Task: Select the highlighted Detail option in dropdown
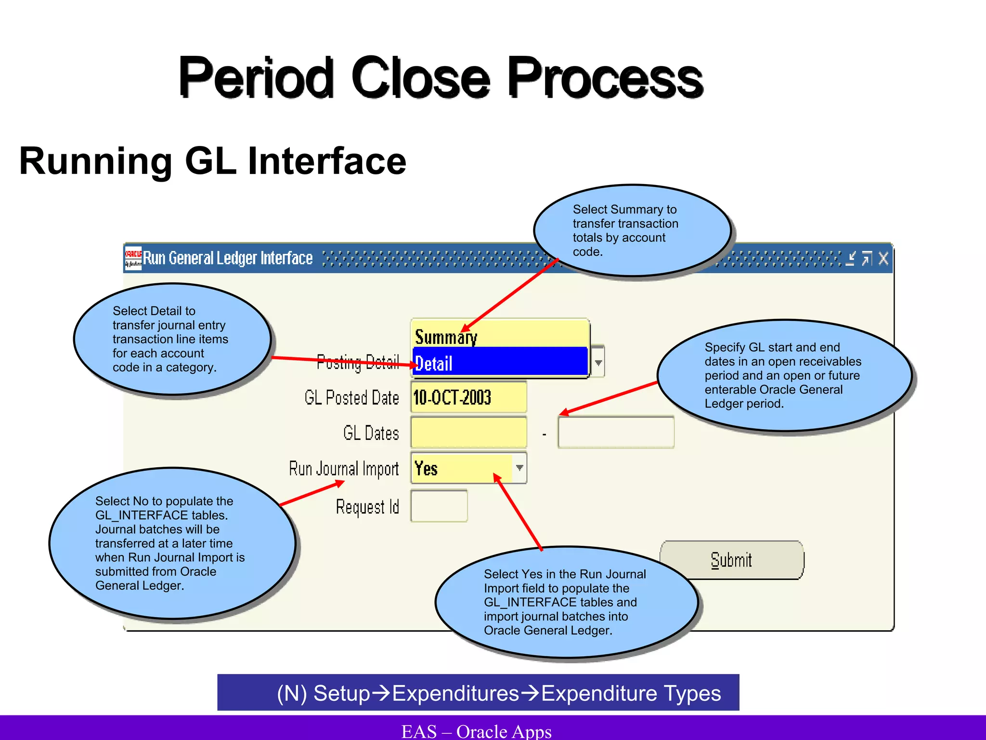(x=500, y=363)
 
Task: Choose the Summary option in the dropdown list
(x=500, y=336)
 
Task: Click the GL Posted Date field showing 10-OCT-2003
(x=468, y=397)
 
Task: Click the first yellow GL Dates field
(x=468, y=433)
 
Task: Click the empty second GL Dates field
(x=616, y=433)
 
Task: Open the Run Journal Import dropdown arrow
(x=519, y=468)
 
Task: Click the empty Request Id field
(x=439, y=506)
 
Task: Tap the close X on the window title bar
(x=883, y=259)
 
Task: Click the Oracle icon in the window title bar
(x=133, y=258)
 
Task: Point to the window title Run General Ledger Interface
(x=228, y=259)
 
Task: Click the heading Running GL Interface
(x=212, y=161)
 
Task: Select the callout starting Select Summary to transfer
(x=632, y=230)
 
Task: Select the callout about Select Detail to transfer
(x=171, y=339)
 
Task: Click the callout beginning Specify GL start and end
(x=784, y=375)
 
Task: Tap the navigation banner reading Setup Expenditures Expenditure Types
(x=478, y=693)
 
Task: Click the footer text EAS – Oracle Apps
(x=476, y=731)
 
